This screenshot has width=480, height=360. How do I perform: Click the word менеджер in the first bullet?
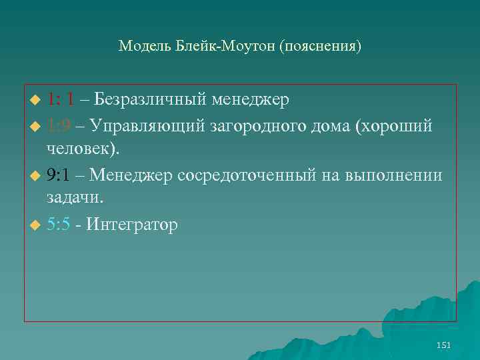pyautogui.click(x=251, y=101)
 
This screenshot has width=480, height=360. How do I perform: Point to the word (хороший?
pyautogui.click(x=396, y=126)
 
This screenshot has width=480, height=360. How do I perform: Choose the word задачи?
pyautogui.click(x=75, y=197)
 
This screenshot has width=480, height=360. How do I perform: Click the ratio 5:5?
pyautogui.click(x=60, y=225)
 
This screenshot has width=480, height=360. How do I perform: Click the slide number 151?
pyautogui.click(x=443, y=345)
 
